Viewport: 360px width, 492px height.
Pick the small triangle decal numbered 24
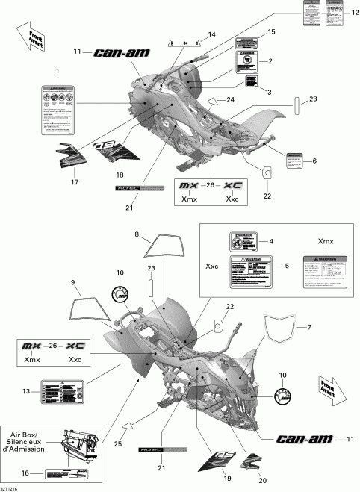(x=215, y=102)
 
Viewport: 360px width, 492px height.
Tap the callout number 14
(x=212, y=34)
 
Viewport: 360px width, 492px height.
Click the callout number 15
(x=271, y=31)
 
